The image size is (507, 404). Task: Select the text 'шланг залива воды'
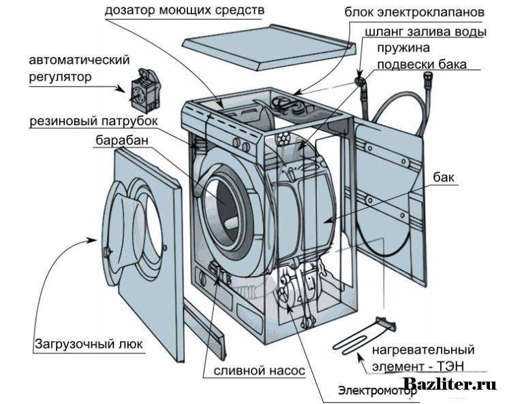(426, 32)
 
